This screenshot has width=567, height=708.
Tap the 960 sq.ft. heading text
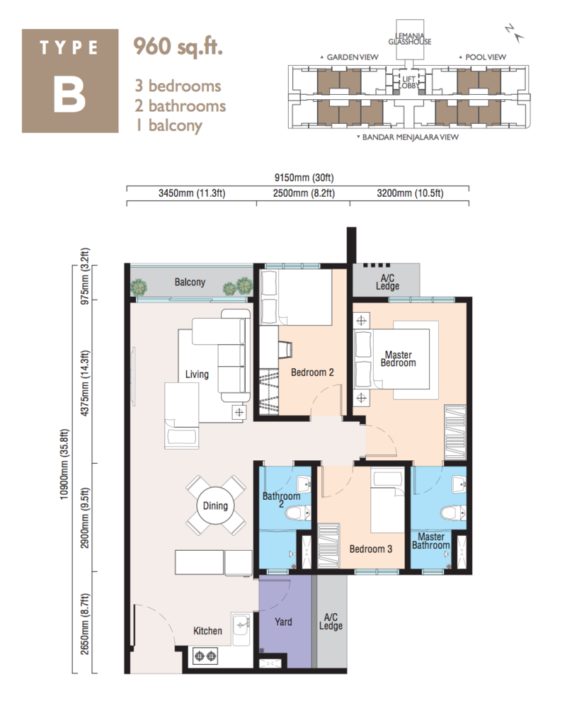coord(179,47)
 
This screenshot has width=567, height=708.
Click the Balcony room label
coord(189,282)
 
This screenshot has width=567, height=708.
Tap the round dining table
coord(215,506)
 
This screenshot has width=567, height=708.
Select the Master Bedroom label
coord(398,358)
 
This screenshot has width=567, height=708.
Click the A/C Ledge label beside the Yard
coord(331,621)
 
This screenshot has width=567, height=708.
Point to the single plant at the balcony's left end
coord(139,286)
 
